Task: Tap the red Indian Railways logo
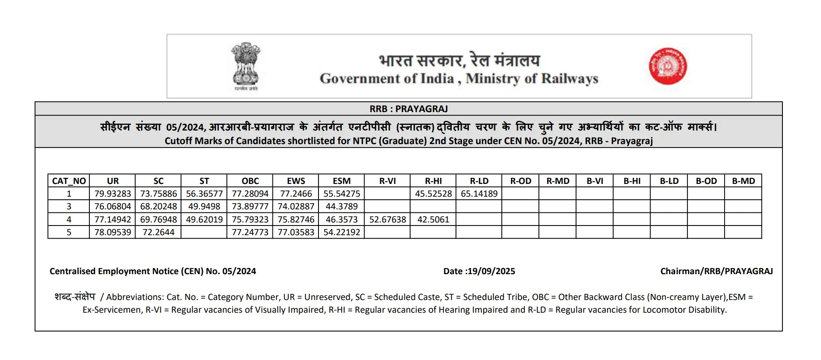pyautogui.click(x=668, y=66)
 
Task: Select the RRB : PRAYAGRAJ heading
pyautogui.click(x=408, y=109)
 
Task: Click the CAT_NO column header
pyautogui.click(x=69, y=181)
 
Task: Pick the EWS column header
pyautogui.click(x=296, y=181)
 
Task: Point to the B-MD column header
pyautogui.click(x=743, y=181)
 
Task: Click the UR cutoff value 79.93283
pyautogui.click(x=113, y=194)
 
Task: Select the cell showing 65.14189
pyautogui.click(x=479, y=194)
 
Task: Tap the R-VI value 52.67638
pyautogui.click(x=387, y=219)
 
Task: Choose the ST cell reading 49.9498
pyautogui.click(x=204, y=206)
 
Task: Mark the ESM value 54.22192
pyautogui.click(x=342, y=232)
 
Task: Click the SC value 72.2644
pyautogui.click(x=158, y=232)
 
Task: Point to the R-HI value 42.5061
pyautogui.click(x=433, y=219)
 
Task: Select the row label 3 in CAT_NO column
pyautogui.click(x=69, y=206)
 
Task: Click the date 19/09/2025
pyautogui.click(x=491, y=271)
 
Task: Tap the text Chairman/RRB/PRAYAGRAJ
pyautogui.click(x=716, y=271)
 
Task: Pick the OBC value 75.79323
pyautogui.click(x=250, y=219)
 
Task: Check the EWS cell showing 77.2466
pyautogui.click(x=296, y=194)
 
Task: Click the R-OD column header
pyautogui.click(x=520, y=181)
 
